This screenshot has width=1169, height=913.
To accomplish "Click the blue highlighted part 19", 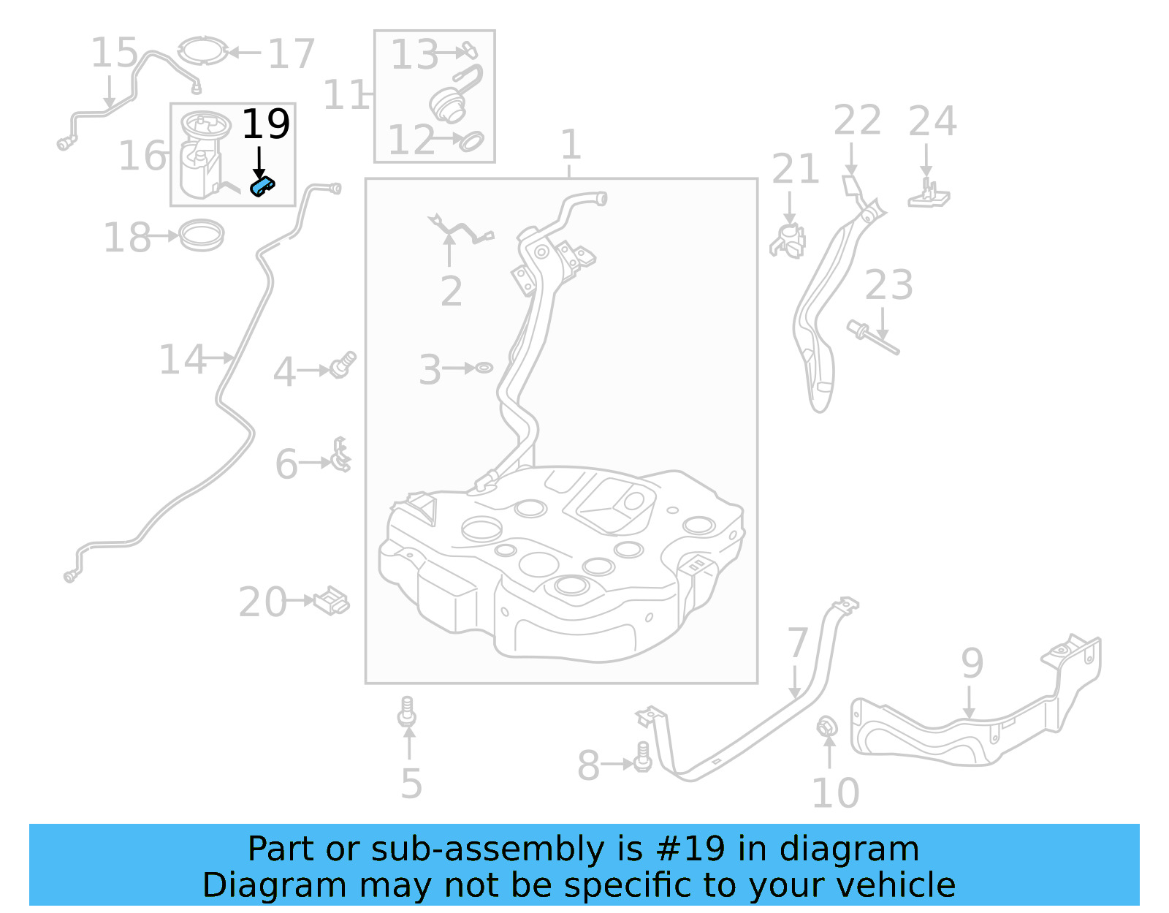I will coord(262,186).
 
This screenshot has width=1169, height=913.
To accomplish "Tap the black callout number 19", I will coord(266,124).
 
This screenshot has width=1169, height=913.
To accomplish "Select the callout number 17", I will coord(291,54).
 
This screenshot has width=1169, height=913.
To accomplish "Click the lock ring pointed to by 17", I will coord(202,51).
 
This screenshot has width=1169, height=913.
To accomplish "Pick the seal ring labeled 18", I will coord(202,235).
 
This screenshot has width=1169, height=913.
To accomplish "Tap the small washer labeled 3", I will coord(484,368).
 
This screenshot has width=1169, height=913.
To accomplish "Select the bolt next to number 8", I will coord(643,756).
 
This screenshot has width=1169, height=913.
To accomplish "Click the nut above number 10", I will coord(827,727).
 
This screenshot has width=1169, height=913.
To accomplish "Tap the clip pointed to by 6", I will coord(340,455).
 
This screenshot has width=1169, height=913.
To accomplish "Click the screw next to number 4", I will coord(343,364).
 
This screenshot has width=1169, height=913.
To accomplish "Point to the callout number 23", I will coord(888,285).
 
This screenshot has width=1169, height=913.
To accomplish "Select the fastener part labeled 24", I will coord(929,193).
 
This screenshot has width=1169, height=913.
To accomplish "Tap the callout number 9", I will coord(972,663).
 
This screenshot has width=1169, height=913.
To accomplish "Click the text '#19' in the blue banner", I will coord(690,849).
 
